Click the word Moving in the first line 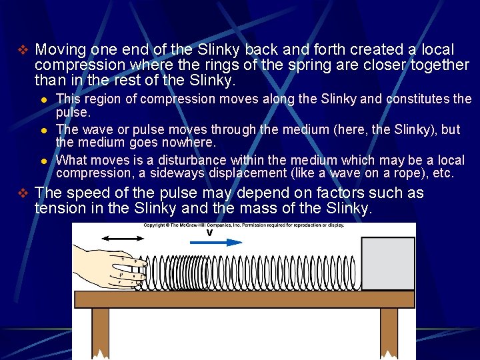60,50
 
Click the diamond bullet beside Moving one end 23,50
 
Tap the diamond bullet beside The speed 23,193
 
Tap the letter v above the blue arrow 209,233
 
